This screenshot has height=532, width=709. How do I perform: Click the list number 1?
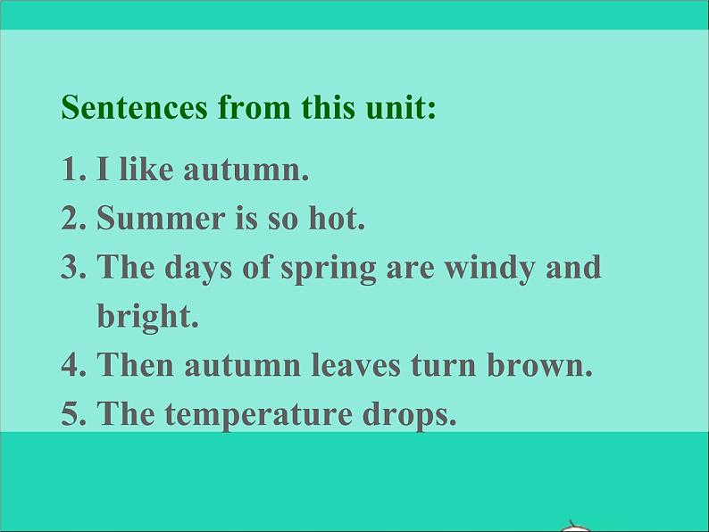71,170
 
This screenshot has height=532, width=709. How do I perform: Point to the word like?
146,170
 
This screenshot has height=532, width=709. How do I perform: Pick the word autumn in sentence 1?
246,170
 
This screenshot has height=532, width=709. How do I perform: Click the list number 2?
71,219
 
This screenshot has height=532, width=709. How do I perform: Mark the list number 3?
71,267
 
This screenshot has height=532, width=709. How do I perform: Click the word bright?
147,317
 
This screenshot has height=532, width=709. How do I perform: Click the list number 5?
71,413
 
